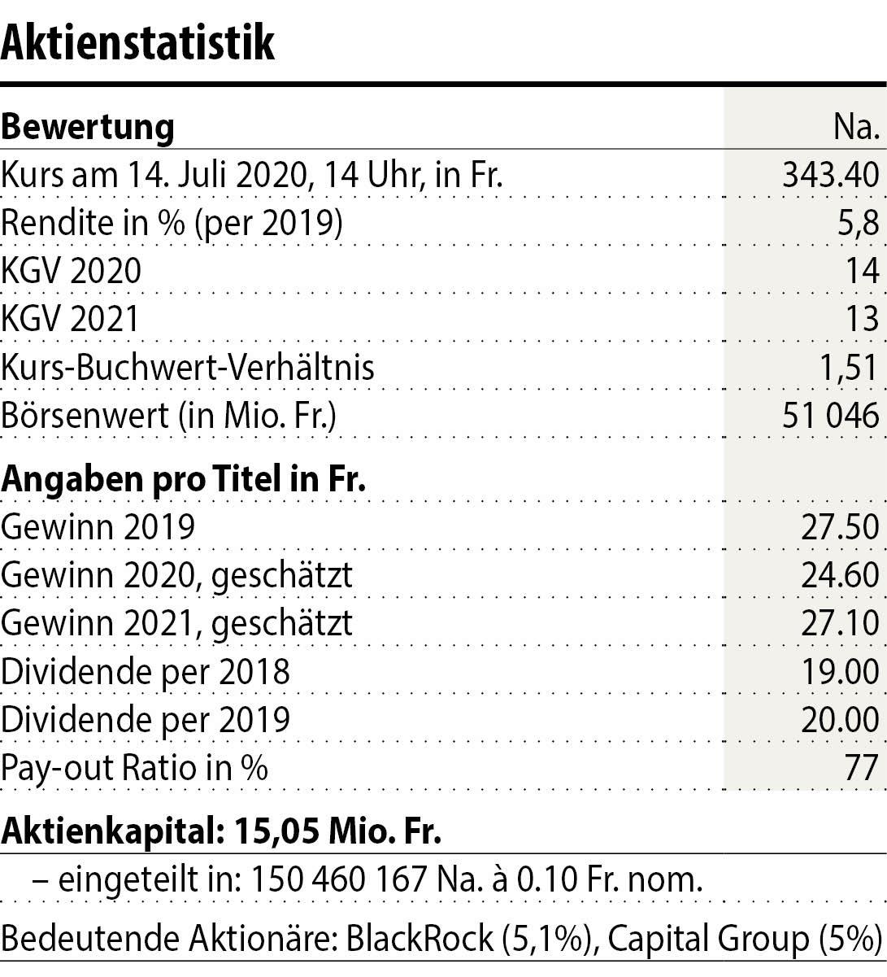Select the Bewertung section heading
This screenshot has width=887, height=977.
88,128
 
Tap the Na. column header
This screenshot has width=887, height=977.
856,128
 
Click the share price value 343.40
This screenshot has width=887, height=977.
830,175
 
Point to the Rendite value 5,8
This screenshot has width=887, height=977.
860,223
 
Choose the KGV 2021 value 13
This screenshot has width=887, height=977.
862,319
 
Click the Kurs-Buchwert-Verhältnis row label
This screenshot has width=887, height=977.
188,367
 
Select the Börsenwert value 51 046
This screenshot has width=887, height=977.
829,416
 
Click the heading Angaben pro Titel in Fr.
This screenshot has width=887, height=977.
183,479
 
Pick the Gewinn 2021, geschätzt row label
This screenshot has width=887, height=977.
177,624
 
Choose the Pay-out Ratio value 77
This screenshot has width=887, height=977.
862,768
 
